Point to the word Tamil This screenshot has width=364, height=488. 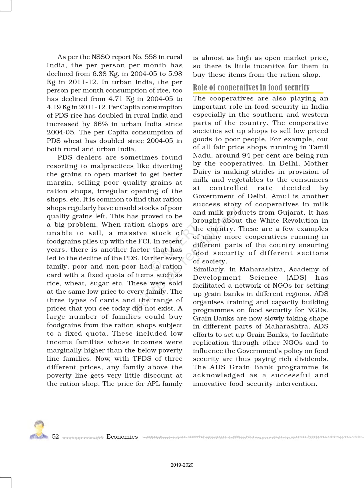pos(319,147)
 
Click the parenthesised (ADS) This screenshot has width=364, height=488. pos(296,278)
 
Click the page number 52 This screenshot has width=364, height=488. pos(55,437)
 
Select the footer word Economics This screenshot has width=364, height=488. pos(122,437)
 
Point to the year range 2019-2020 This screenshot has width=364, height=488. pos(182,465)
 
